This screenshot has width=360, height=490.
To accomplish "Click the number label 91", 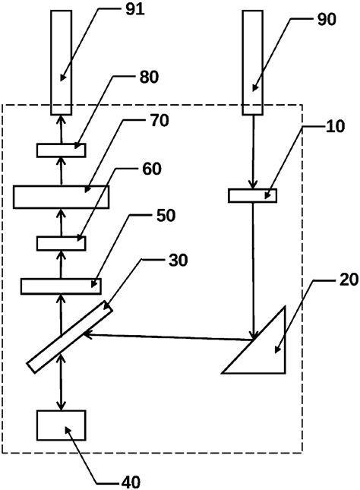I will tap(140, 10).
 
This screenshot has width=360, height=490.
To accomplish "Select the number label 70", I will tap(160, 120).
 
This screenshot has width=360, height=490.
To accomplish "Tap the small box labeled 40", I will tap(61, 426).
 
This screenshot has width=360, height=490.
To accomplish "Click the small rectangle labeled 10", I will tap(253, 196).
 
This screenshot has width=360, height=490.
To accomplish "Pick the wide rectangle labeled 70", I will tap(61, 196).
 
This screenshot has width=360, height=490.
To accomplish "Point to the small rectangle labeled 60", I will tap(61, 243).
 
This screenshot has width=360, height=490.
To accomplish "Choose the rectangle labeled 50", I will tap(61, 286).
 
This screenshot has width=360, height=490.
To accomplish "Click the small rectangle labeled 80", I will tap(61, 150).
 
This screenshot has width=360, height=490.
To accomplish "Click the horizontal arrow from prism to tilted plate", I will tap(167, 336).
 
